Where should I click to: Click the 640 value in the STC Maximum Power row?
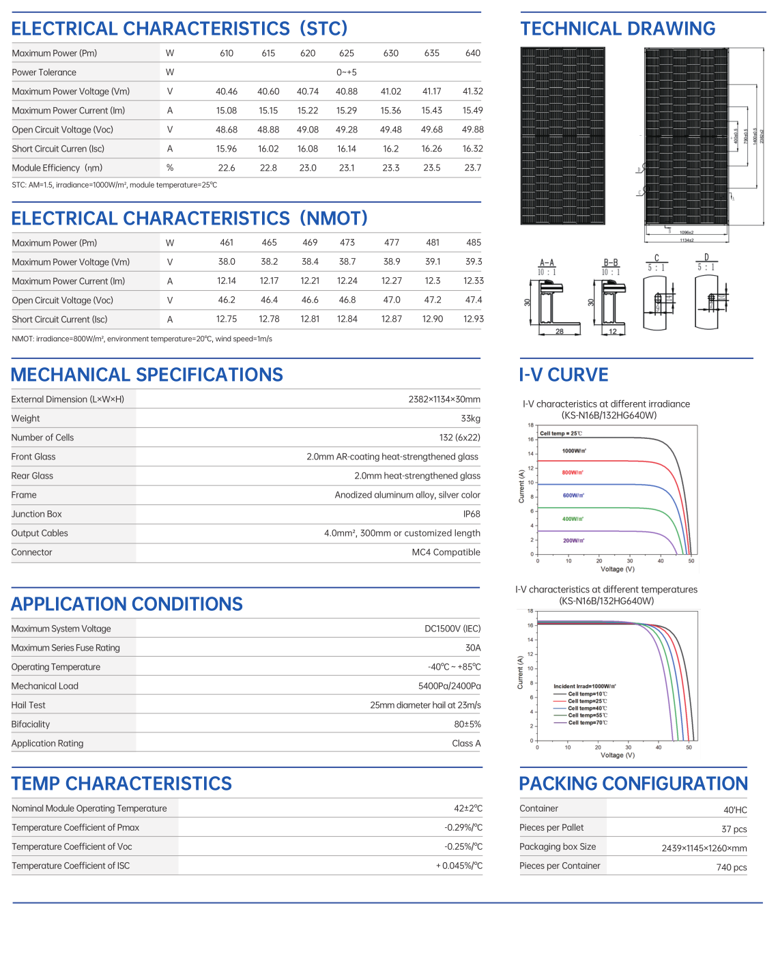[473, 53]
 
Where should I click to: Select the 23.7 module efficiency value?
[473, 168]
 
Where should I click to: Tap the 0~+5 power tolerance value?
[347, 72]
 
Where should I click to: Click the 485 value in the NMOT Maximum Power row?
[474, 242]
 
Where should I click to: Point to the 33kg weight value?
[470, 418]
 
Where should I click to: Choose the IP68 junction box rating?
[472, 514]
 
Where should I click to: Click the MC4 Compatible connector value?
[446, 552]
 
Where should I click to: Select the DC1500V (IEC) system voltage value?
[452, 629]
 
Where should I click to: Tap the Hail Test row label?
[29, 705]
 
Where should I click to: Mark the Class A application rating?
[466, 743]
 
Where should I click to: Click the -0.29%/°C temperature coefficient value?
[463, 827]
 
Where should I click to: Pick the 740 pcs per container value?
[732, 868]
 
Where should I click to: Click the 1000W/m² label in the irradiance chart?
[574, 451]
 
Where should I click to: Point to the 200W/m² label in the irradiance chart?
[573, 541]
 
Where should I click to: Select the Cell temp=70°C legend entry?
[587, 723]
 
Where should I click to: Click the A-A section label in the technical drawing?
[547, 263]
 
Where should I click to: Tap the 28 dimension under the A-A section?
[560, 332]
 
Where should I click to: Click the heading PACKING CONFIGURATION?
[633, 784]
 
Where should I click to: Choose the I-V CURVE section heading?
[564, 375]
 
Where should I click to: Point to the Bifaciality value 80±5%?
[467, 724]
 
